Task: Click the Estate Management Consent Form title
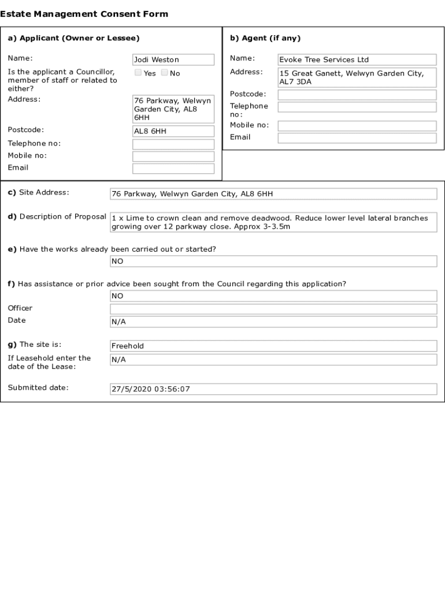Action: pyautogui.click(x=84, y=14)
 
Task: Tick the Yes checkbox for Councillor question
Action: pyautogui.click(x=138, y=73)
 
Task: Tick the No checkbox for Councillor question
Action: pyautogui.click(x=165, y=73)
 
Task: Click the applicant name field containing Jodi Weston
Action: pyautogui.click(x=173, y=59)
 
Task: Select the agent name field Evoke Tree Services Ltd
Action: pyautogui.click(x=357, y=59)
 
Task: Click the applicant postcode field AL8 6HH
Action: pyautogui.click(x=173, y=131)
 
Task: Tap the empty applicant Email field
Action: pyautogui.click(x=173, y=169)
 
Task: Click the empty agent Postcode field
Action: pyautogui.click(x=357, y=95)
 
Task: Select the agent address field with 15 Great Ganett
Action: pyautogui.click(x=357, y=77)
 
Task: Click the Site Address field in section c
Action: pyautogui.click(x=273, y=194)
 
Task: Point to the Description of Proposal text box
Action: pyautogui.click(x=273, y=222)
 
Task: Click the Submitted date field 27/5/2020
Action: pyautogui.click(x=273, y=389)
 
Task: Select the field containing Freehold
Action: pyautogui.click(x=273, y=346)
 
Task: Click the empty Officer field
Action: pyautogui.click(x=273, y=309)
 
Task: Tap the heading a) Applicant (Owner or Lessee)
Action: pyautogui.click(x=73, y=38)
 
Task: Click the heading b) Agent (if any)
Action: pyautogui.click(x=265, y=38)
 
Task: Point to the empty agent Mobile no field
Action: pyautogui.click(x=357, y=126)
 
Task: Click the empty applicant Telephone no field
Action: pyautogui.click(x=173, y=144)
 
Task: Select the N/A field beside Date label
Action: pyautogui.click(x=273, y=321)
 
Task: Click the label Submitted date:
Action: pyautogui.click(x=38, y=387)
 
